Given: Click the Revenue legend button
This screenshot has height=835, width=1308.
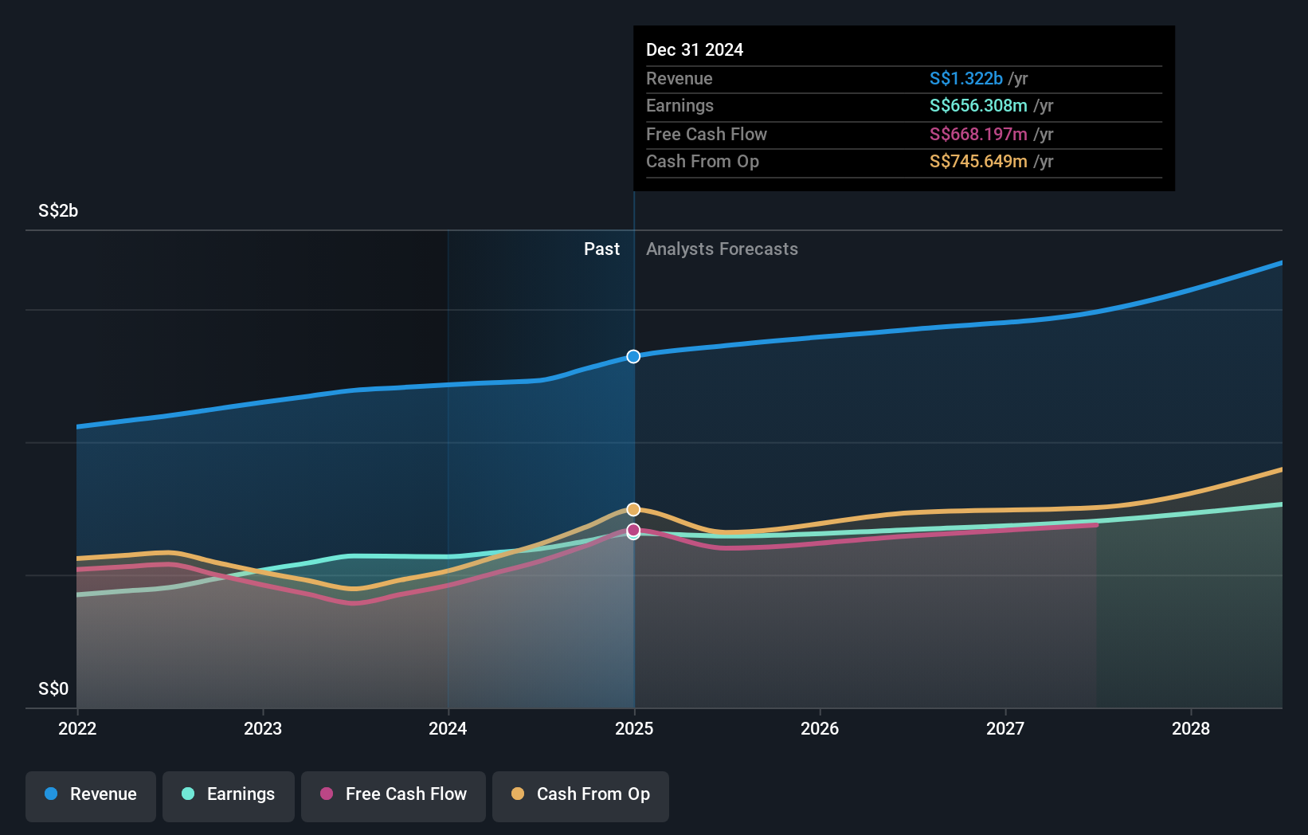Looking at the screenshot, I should tap(91, 795).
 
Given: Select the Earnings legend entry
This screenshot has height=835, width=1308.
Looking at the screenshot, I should tap(229, 795).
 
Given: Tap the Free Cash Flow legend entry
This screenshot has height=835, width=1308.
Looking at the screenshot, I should tap(394, 795).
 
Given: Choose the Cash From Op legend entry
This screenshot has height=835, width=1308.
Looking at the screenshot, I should tap(581, 795).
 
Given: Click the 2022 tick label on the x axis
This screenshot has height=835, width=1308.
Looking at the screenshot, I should tap(77, 729).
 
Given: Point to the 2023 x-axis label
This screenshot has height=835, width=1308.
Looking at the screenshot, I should tap(263, 729).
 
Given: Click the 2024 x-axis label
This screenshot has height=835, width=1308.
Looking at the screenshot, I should tap(448, 729).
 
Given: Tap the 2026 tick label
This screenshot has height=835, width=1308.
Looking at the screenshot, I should tap(820, 729).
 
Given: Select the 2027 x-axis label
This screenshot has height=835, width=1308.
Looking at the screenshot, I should tap(1005, 729).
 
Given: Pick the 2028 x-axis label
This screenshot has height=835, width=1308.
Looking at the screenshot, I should tap(1191, 729).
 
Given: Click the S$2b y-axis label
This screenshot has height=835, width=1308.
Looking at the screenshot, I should tap(58, 211).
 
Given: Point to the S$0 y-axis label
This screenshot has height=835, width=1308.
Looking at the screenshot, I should tap(53, 689).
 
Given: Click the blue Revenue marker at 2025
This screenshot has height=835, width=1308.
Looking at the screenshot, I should tap(633, 356).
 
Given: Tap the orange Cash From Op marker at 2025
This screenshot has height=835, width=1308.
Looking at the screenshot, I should tap(633, 509).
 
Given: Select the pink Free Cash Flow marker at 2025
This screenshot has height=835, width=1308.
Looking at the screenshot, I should tap(633, 530).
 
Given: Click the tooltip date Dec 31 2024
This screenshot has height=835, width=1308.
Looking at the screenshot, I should tap(695, 50).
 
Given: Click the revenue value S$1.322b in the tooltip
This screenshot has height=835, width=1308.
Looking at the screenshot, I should tap(965, 79).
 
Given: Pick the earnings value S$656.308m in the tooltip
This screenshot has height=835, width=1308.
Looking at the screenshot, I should tap(978, 106).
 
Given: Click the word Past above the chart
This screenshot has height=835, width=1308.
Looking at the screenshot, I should tap(601, 249).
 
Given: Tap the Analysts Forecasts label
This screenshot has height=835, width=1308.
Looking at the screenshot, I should tap(722, 249).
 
